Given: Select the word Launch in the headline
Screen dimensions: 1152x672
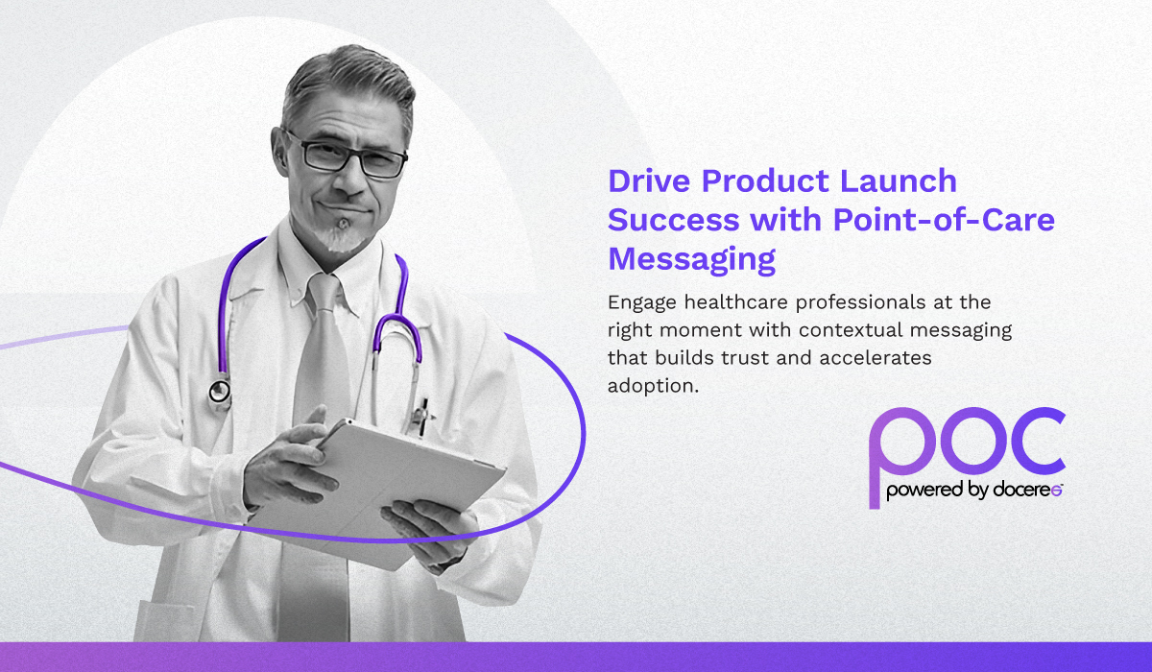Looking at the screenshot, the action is point(898,180).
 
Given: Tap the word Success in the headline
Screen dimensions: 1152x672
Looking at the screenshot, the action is point(673,220).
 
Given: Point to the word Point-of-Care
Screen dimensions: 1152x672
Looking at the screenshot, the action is point(944,220).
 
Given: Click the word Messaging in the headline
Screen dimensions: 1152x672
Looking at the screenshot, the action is point(692,259).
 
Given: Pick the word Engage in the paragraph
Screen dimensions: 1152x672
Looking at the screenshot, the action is point(642,302).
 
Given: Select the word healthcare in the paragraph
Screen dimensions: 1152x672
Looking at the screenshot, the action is point(736,301).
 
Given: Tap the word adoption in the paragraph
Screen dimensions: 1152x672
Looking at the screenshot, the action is point(653,386).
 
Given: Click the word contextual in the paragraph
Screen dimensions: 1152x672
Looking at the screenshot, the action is point(851,330).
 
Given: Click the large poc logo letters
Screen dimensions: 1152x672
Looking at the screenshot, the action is point(967,444).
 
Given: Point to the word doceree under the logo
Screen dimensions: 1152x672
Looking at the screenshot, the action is point(1027,490).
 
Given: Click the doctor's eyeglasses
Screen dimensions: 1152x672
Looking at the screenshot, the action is point(346,156).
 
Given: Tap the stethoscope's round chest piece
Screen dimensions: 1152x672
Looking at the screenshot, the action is point(220,393).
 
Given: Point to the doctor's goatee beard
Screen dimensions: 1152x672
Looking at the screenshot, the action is point(339,236).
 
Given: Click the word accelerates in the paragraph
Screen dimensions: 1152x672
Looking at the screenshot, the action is point(876,358).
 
